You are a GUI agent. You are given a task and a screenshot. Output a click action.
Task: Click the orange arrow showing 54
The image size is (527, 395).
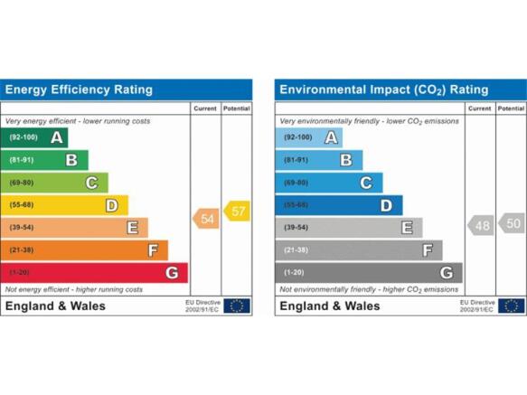coord(206,219)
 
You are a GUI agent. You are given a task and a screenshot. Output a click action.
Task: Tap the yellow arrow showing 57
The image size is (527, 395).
coord(237,212)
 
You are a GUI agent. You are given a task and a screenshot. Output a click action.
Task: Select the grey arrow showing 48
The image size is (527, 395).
coord(481,225)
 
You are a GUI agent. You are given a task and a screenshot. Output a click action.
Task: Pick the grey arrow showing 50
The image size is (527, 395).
coord(512,223)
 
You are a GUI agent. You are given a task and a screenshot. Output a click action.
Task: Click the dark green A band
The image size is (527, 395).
coord(34,137)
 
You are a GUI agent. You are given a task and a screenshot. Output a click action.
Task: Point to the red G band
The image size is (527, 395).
coord(94,273)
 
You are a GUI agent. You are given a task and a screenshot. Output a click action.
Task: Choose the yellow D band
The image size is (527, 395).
coord(64,205)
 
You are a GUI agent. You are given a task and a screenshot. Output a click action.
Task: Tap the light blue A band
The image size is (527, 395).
coord(309,137)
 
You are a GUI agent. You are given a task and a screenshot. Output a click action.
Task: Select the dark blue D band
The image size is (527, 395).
coord(339,205)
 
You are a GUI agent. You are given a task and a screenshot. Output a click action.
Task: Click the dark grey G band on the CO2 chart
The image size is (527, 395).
coord(369,273)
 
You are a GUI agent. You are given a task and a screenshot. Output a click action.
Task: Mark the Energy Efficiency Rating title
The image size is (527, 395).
coord(79,89)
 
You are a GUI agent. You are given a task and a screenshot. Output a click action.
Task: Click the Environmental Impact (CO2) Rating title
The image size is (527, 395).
coord(384,89)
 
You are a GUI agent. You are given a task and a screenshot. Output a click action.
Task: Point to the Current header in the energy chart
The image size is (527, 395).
coord(205,108)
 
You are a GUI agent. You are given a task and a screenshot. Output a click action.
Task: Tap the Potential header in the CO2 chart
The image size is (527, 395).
coord(511,108)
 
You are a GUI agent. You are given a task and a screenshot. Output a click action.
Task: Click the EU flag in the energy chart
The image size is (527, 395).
coord(237,306)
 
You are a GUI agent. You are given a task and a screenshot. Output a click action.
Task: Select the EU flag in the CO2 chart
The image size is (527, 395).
coord(512,306)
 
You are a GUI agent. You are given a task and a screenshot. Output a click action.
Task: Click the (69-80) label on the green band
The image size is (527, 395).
coord(22,183)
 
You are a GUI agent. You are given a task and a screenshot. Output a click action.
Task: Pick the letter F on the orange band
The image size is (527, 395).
coord(153,250)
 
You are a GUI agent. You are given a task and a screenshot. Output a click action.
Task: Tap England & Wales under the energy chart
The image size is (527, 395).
coord(55,306)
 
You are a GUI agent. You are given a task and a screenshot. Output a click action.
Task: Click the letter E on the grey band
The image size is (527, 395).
coord(407,228)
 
